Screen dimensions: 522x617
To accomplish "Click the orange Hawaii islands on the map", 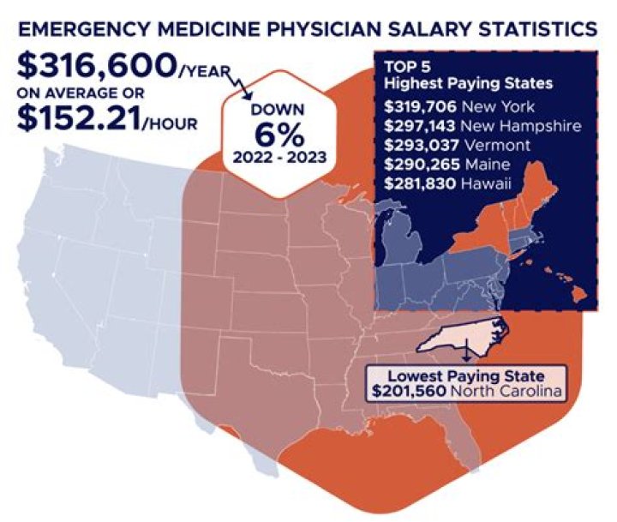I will pos(570,284).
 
